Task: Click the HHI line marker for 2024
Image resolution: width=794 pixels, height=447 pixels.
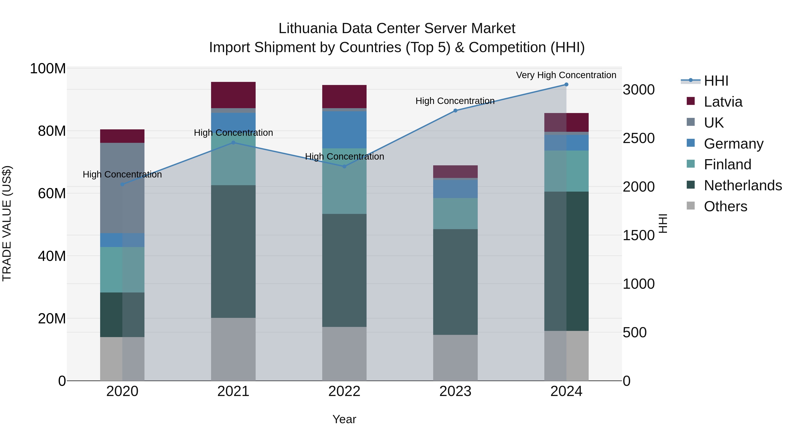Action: (x=566, y=85)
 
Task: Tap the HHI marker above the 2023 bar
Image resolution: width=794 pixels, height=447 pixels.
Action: (x=455, y=110)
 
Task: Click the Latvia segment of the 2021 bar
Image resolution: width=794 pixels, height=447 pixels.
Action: (x=233, y=95)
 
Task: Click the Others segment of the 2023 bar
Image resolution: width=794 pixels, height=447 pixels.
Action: (x=455, y=358)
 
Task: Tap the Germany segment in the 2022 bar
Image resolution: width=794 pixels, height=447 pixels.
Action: (x=344, y=130)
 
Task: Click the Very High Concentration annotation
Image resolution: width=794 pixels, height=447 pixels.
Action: (x=566, y=75)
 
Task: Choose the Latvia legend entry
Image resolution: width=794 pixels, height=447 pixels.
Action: (x=723, y=102)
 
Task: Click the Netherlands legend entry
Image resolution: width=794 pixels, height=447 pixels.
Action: (x=743, y=185)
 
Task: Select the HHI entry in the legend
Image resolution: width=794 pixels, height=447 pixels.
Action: (x=716, y=81)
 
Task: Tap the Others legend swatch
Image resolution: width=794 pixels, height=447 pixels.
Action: (x=691, y=206)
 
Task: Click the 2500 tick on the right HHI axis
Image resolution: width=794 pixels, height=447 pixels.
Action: (x=638, y=138)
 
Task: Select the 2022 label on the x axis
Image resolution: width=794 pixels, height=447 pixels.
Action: (x=344, y=391)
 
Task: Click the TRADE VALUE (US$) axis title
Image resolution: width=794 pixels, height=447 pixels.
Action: (x=7, y=223)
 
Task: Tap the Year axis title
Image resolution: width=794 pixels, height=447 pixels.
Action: (x=344, y=419)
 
